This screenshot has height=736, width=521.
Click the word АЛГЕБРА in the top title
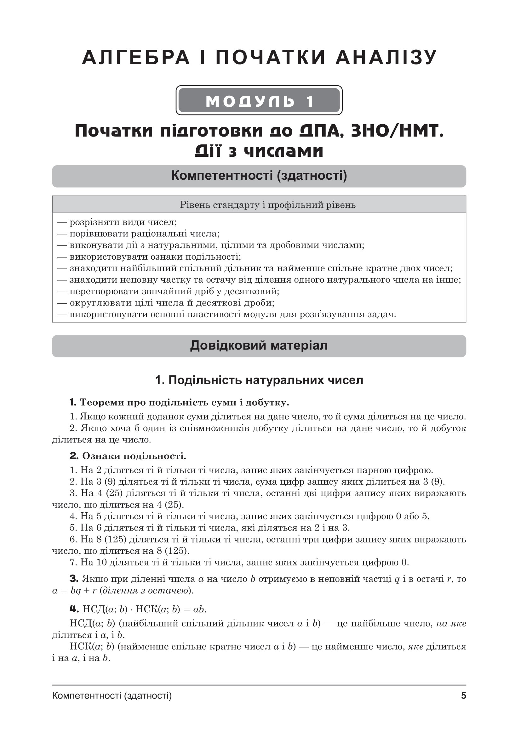[136, 58]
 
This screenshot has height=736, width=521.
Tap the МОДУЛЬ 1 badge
[259, 101]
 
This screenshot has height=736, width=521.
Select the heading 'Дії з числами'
[259, 151]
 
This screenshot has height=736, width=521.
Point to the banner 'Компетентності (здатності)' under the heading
[259, 176]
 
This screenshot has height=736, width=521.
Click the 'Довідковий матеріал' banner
[259, 346]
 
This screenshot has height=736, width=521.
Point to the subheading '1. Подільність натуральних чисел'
[259, 380]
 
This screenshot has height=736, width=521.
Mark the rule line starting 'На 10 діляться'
[239, 562]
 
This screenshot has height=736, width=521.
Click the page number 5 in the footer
[463, 696]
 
